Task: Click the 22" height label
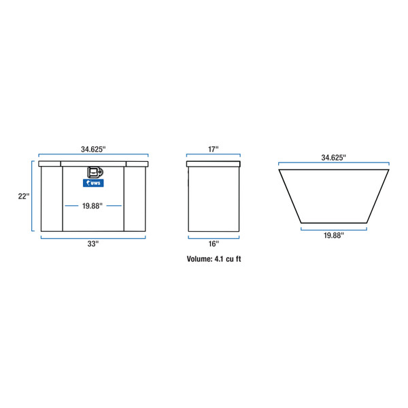click(23, 196)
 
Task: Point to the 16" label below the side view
click(213, 243)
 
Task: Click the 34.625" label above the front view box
click(93, 148)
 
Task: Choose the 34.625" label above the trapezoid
click(333, 157)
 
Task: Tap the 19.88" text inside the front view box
click(93, 205)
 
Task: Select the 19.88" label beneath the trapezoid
click(333, 235)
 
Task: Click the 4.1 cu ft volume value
click(227, 258)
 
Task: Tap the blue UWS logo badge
click(93, 182)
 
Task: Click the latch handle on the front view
click(93, 173)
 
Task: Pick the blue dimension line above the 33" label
click(93, 237)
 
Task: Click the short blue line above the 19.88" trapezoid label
click(333, 228)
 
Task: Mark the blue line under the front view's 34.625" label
click(93, 156)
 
